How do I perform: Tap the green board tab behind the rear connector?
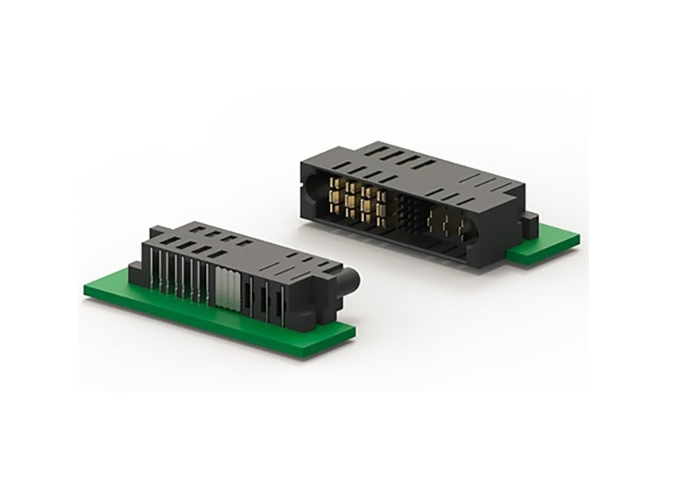(x=549, y=242)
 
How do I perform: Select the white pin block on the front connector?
(x=227, y=286)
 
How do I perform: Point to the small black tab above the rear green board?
(x=529, y=218)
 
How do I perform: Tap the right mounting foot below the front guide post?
(x=332, y=306)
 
